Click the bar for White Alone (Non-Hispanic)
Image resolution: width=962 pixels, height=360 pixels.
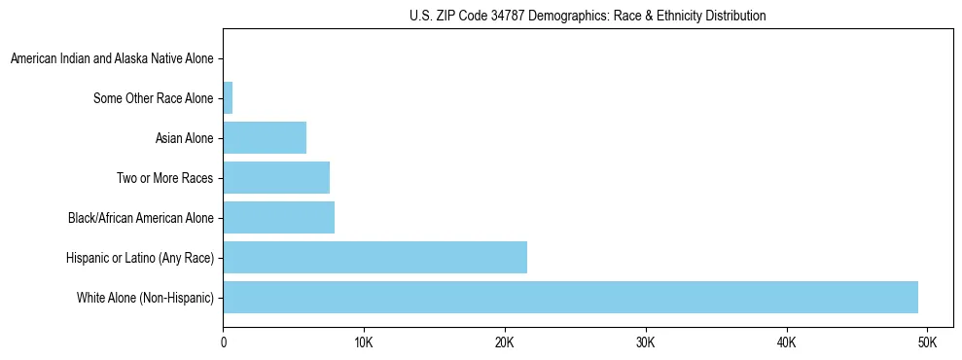(570, 297)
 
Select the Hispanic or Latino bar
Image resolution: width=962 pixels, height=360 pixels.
(374, 257)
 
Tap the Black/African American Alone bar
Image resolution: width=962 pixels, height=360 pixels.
(279, 217)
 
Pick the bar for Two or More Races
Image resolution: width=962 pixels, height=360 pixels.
(276, 177)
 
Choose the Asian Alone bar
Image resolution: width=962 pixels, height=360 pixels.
(265, 137)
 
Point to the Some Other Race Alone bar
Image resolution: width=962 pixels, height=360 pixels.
(228, 97)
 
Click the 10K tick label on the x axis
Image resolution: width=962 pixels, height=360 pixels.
(364, 342)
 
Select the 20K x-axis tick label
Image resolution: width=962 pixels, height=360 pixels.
(505, 342)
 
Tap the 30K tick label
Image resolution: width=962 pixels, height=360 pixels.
(646, 342)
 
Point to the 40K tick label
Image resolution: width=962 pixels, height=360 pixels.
(786, 342)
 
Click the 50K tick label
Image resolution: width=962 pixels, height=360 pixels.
(927, 342)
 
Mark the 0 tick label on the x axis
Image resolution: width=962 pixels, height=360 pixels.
(224, 342)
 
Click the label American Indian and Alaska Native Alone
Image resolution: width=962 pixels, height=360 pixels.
(112, 58)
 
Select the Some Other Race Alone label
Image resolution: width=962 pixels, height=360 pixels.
(153, 98)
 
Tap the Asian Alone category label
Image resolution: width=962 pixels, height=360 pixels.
(184, 138)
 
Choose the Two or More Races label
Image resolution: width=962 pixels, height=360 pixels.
(164, 178)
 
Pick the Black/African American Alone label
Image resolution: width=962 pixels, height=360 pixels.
(140, 218)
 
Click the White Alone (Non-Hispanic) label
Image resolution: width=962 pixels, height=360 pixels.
(145, 298)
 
